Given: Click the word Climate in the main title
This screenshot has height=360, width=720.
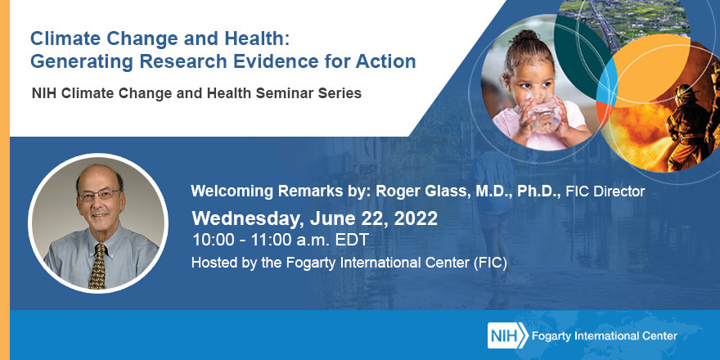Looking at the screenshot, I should point(63,38).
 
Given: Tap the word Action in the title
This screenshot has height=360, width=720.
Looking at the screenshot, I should point(388,61).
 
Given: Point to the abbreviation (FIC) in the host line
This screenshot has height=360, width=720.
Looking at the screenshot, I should point(488,263).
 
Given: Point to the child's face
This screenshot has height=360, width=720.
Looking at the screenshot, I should point(532,82).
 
